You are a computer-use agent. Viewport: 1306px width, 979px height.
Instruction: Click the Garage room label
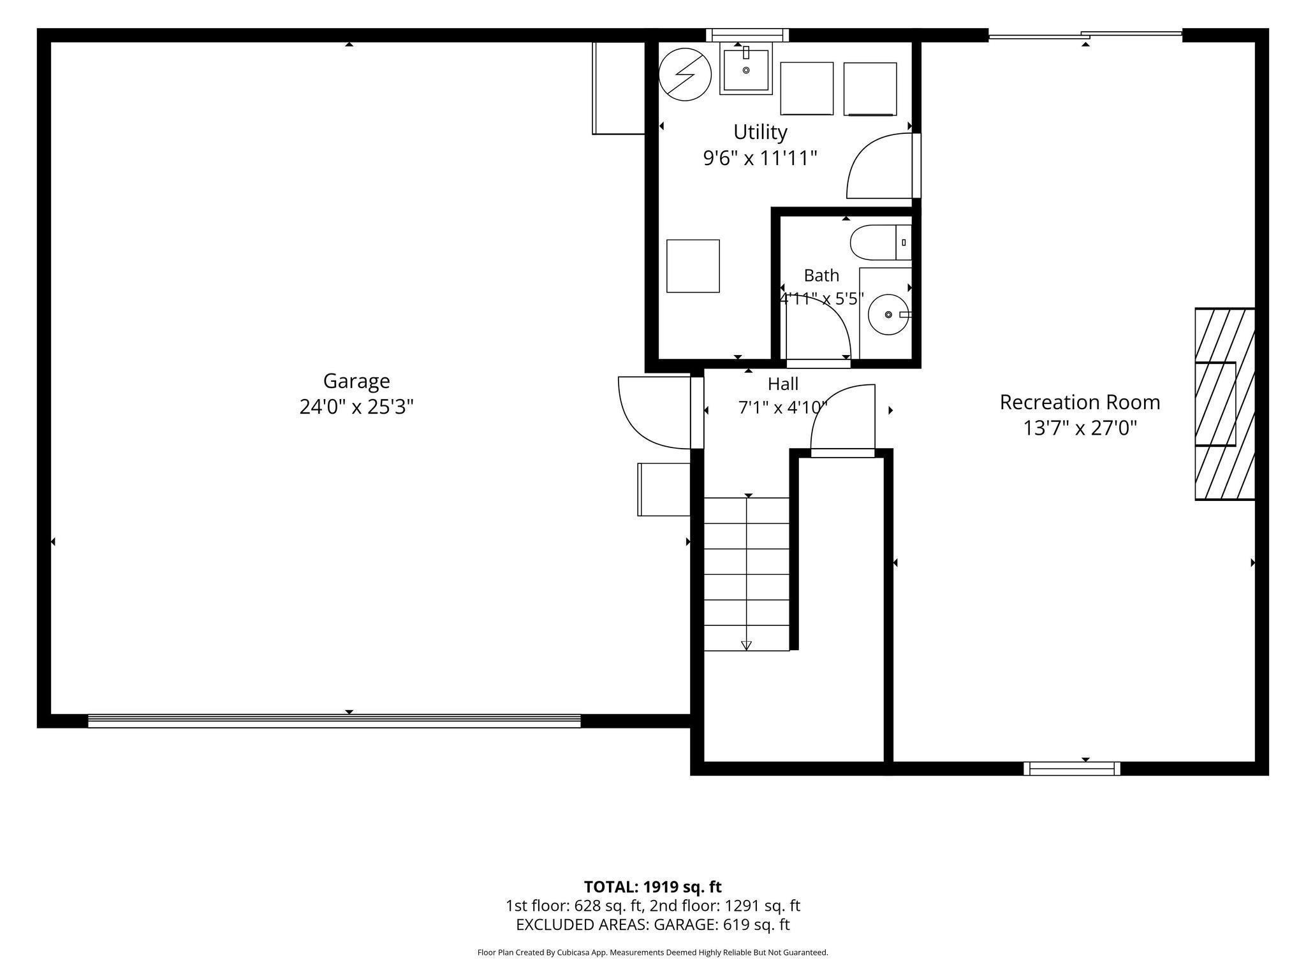[x=356, y=381]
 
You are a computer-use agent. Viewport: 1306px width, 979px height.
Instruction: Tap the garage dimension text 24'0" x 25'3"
[x=356, y=407]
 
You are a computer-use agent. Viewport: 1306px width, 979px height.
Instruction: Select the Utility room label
[x=760, y=132]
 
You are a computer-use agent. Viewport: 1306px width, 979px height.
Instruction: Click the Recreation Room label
[x=1080, y=402]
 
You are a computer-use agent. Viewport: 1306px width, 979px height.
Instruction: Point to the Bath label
[x=821, y=275]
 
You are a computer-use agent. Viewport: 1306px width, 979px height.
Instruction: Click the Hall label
[x=783, y=384]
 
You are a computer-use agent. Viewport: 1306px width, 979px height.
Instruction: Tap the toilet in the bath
[x=881, y=242]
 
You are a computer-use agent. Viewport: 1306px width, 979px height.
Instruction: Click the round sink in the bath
[x=889, y=314]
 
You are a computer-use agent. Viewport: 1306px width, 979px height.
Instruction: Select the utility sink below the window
[x=746, y=68]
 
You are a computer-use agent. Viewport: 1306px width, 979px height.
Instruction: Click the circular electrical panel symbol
[x=685, y=75]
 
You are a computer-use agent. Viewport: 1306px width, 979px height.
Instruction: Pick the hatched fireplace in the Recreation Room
[x=1224, y=404]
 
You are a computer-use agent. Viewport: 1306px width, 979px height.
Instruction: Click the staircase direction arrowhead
[x=747, y=646]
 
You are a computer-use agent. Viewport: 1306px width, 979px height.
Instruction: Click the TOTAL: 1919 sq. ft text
[x=652, y=887]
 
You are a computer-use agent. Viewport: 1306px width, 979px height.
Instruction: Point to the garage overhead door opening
[x=334, y=721]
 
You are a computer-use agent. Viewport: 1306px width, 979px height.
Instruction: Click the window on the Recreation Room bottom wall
[x=1072, y=769]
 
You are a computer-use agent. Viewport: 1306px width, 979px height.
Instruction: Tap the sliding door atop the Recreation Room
[x=1085, y=35]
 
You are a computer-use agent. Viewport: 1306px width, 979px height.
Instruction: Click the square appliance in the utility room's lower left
[x=693, y=266]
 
